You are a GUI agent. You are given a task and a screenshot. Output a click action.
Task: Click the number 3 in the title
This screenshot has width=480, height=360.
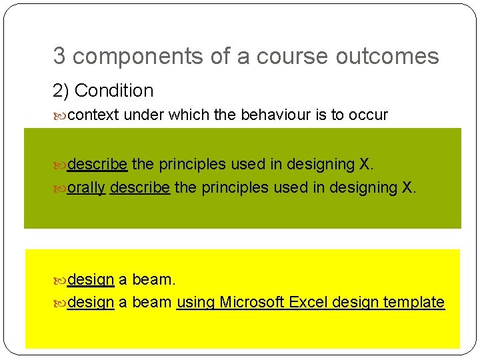click(59, 57)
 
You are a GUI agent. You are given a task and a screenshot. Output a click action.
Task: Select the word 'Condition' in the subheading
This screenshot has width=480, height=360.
click(114, 91)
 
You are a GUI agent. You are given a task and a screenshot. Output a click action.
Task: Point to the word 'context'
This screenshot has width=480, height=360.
click(93, 115)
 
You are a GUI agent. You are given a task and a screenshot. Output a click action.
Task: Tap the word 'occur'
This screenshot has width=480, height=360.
click(367, 115)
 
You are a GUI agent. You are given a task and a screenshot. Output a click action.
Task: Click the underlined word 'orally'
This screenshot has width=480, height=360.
click(87, 188)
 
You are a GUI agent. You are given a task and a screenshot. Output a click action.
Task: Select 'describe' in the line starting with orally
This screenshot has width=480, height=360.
click(140, 188)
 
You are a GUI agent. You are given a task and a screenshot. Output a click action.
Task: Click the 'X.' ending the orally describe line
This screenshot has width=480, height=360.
click(409, 188)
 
